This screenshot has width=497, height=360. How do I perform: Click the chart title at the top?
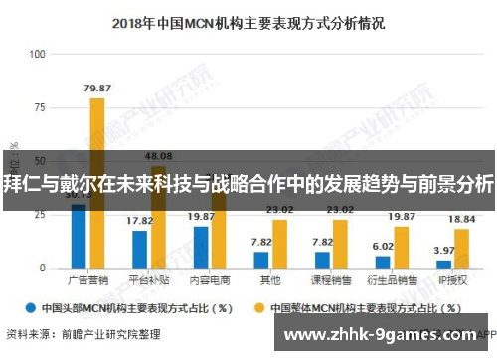[248, 20]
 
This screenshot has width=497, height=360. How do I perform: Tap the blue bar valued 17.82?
[139, 249]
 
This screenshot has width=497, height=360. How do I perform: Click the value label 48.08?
[158, 156]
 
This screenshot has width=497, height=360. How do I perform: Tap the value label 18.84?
[462, 219]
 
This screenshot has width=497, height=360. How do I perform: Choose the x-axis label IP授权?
[453, 281]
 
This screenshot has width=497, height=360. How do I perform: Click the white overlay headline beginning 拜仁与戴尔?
[248, 183]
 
